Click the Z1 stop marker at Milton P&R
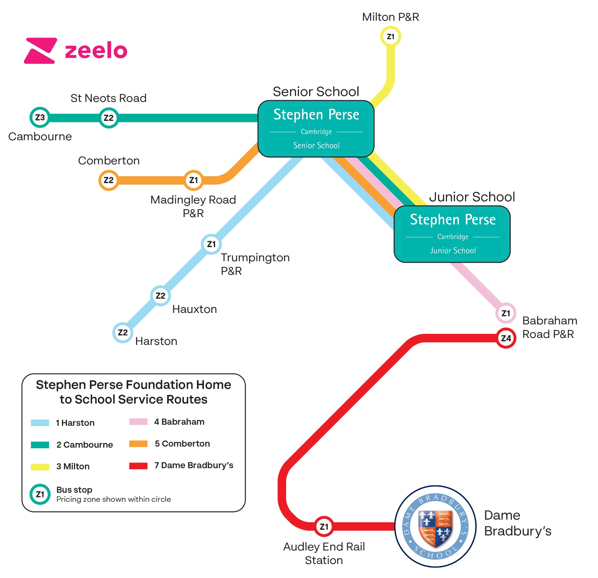[x=390, y=36]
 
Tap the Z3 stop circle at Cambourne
[x=40, y=117]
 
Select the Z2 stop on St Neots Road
[x=108, y=118]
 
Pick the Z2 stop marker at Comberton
[x=108, y=180]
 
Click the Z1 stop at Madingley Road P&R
[x=193, y=180]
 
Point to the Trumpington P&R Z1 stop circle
[x=211, y=244]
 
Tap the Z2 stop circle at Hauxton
[x=161, y=295]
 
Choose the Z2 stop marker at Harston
[x=123, y=332]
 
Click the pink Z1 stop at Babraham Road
[x=506, y=313]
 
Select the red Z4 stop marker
[x=506, y=338]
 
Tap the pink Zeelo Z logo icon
[x=40, y=51]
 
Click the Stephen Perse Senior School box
[x=316, y=129]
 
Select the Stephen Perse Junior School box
[x=452, y=234]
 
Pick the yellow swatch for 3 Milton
[x=40, y=466]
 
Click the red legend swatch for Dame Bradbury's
[x=138, y=466]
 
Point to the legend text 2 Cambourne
[x=85, y=445]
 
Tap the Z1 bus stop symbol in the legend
[x=40, y=494]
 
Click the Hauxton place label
[x=194, y=309]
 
